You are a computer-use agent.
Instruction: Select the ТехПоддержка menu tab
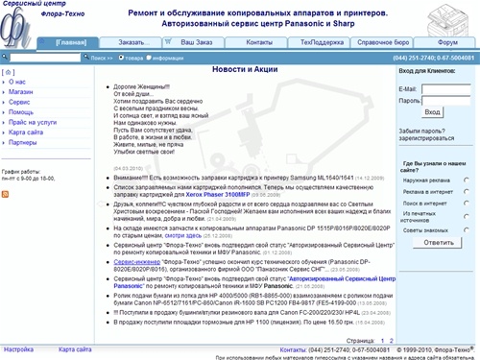(320, 43)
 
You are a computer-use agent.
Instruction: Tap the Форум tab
(448, 43)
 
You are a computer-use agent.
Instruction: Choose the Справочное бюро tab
(385, 43)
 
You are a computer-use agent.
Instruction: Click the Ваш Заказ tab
(198, 43)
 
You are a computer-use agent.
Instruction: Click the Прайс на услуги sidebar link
(34, 122)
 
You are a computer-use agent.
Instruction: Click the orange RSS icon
(7, 195)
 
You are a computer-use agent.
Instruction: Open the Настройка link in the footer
(19, 349)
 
